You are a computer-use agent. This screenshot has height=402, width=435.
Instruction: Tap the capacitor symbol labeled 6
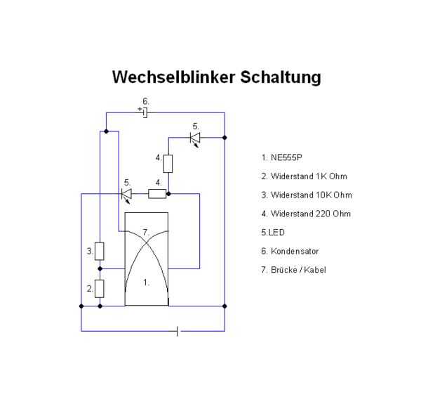tap(145, 112)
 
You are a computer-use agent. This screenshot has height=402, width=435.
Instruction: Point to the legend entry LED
tap(273, 232)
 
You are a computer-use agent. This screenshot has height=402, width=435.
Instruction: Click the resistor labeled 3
tap(100, 251)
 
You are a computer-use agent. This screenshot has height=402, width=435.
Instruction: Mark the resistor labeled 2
tap(100, 288)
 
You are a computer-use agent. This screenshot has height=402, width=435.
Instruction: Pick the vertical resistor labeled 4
tap(168, 164)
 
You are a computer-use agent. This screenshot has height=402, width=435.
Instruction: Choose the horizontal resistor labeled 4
tap(157, 193)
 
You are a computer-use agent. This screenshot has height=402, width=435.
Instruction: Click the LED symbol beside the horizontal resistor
tap(126, 193)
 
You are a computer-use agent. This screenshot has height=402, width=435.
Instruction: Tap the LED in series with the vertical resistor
tap(195, 138)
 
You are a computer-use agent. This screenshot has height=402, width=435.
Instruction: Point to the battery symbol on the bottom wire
tap(177, 331)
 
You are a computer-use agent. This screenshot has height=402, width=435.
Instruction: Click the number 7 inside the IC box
tap(146, 231)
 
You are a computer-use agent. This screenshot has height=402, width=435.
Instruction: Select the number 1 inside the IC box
tap(146, 283)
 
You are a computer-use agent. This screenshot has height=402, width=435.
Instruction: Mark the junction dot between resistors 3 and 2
tap(100, 268)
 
